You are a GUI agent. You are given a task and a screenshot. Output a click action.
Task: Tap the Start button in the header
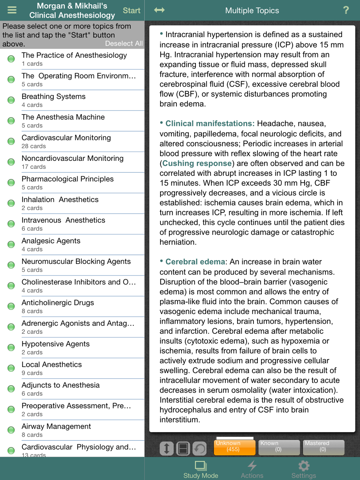coord(131,10)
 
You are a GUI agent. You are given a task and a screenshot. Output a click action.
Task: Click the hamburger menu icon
coord(12,10)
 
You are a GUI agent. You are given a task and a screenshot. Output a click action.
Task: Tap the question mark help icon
coord(346,10)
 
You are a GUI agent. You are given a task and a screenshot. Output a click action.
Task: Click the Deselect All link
coord(123,44)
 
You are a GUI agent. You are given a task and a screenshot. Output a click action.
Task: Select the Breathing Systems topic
coord(53,97)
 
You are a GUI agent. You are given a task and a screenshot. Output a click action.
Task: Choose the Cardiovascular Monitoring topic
coord(66,138)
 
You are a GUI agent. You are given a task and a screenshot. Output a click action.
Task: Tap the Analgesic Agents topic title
coord(51,241)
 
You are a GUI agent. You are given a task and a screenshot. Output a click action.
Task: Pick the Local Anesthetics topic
coord(51,365)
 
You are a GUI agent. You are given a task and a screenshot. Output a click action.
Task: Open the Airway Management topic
coord(56,427)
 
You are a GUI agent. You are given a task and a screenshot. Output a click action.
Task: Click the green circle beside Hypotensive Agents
coord(11,347)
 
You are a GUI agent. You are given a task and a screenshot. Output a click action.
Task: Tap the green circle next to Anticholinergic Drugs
coord(11,306)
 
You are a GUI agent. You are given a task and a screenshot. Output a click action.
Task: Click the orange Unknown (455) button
coord(233,447)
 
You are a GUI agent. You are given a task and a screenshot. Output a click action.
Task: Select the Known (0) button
coord(279,447)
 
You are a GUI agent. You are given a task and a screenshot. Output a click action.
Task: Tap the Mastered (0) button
coord(323,447)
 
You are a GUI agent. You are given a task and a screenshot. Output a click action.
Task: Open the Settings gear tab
coord(303,469)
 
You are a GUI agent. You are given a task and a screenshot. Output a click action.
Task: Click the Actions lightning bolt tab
coord(252,469)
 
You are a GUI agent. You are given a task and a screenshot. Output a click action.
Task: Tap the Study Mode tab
coord(201,469)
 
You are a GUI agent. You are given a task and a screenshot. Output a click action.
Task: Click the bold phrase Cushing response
coord(197,163)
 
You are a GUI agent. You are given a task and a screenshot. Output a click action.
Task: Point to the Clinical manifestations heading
coord(210,124)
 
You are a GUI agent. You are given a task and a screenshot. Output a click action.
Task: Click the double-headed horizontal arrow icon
coord(159,10)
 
